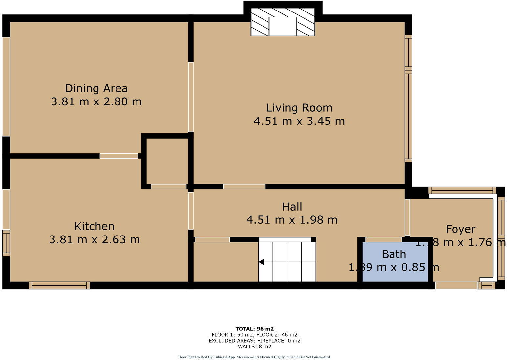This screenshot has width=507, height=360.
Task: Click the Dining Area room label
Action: tap(96, 88)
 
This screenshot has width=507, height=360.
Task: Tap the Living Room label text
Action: tap(299, 108)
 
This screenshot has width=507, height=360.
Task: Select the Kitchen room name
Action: tap(95, 226)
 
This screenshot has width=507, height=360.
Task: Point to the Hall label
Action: tap(292, 207)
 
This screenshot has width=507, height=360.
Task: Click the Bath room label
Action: tap(393, 254)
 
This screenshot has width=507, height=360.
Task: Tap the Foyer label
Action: tap(460, 229)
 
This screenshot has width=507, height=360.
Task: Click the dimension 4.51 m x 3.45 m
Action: tap(299, 121)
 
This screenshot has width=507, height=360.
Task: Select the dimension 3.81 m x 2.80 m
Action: tap(96, 101)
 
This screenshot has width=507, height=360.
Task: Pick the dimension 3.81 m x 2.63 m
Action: tap(95, 239)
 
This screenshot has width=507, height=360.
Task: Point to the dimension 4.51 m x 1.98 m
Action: tap(292, 220)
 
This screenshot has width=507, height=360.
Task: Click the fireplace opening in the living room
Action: tap(283, 26)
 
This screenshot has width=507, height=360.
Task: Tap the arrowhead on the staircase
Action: tap(261, 262)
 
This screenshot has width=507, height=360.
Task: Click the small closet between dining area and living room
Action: tap(167, 161)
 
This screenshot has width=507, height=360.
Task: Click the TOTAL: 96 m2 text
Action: tap(254, 329)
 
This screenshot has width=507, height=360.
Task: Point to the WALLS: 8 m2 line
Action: tap(254, 346)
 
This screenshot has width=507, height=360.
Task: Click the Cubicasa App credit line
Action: tap(254, 357)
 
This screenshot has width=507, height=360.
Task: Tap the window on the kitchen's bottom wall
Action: tap(59, 285)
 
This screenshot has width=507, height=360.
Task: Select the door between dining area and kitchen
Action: tap(119, 156)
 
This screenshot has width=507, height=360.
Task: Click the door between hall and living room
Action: tap(244, 187)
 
